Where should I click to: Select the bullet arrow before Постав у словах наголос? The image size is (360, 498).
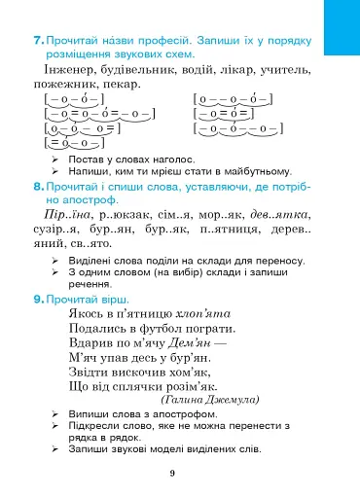(56, 158)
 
